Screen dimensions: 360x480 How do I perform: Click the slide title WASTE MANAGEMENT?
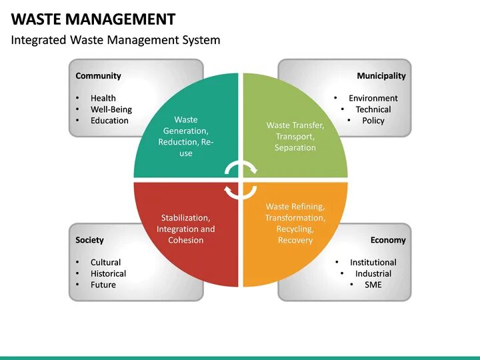(x=93, y=19)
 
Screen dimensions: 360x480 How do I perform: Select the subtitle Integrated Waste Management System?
(x=115, y=40)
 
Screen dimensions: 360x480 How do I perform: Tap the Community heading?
(x=98, y=76)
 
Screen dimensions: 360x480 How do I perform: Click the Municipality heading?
(x=381, y=76)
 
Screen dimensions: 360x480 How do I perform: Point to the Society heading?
(x=89, y=240)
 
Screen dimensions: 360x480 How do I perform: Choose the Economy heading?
(x=388, y=240)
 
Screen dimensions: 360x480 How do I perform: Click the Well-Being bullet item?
(x=111, y=109)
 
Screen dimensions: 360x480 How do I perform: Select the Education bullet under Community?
(x=109, y=121)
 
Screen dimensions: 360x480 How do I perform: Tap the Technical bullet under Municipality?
(x=373, y=109)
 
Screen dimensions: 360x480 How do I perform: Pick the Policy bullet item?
(x=373, y=121)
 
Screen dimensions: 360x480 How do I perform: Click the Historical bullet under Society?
(x=108, y=273)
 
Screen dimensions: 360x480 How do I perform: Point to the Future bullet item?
(x=103, y=285)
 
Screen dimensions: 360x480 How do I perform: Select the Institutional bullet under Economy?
(x=373, y=262)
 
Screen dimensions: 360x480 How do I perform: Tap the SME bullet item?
(x=373, y=285)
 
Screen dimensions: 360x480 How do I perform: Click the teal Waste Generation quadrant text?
(x=186, y=137)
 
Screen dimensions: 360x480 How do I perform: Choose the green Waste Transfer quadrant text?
(x=295, y=136)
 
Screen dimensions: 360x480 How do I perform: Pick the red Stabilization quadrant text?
(x=186, y=229)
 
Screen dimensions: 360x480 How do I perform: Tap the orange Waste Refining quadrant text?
(x=295, y=223)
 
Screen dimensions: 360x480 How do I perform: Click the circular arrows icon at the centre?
(x=240, y=180)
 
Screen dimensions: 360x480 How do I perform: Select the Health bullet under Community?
(x=103, y=98)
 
